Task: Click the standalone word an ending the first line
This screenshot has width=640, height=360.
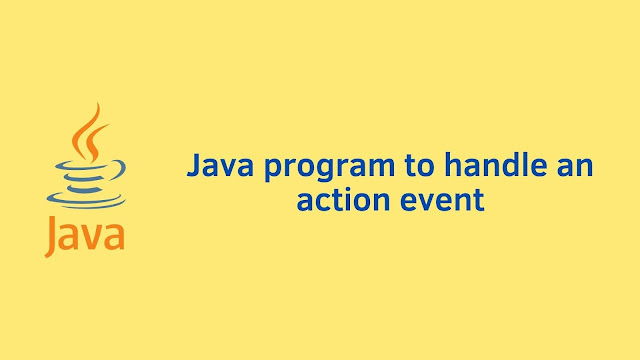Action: [572, 167]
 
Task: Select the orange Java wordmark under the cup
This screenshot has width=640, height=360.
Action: [84, 236]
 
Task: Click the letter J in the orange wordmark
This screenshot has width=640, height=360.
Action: [52, 238]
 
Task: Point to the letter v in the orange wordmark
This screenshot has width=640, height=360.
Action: [93, 239]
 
